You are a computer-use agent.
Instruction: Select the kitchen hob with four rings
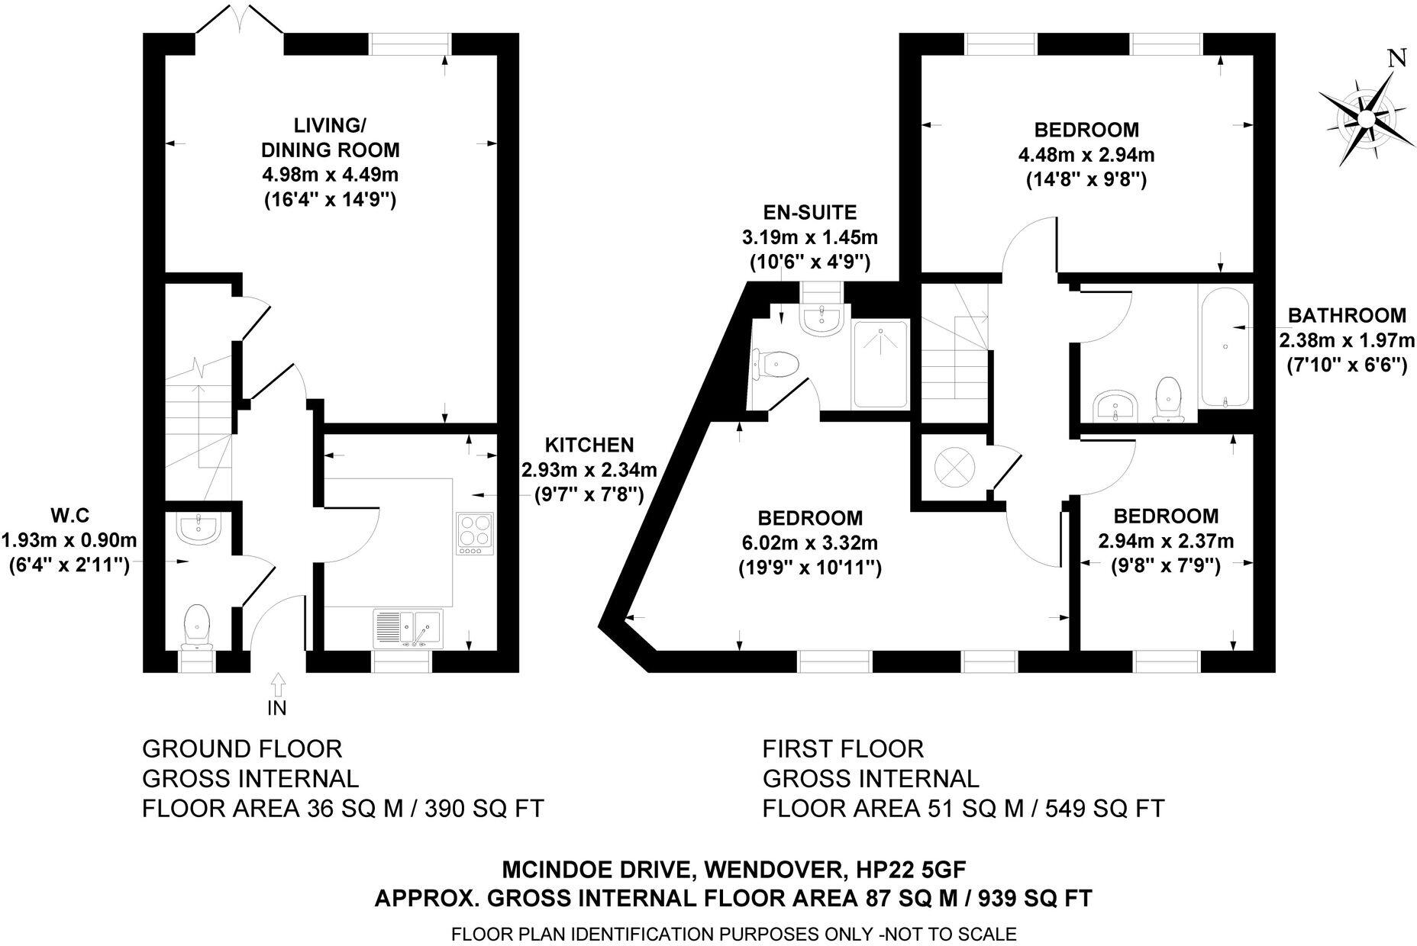(x=474, y=533)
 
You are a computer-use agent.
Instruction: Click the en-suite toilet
(x=775, y=364)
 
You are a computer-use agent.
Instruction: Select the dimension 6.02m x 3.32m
(x=809, y=543)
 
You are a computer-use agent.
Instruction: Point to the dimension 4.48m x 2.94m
(x=1086, y=155)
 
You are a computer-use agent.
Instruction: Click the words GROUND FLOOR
(x=242, y=748)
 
